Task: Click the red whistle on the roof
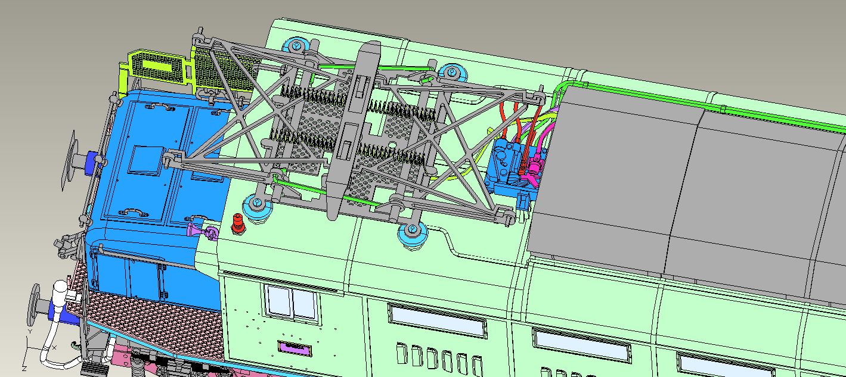point(237,223)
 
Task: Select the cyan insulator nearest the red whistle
point(258,206)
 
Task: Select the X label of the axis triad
point(54,347)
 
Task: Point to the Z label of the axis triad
point(24,368)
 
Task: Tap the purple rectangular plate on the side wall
point(295,348)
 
